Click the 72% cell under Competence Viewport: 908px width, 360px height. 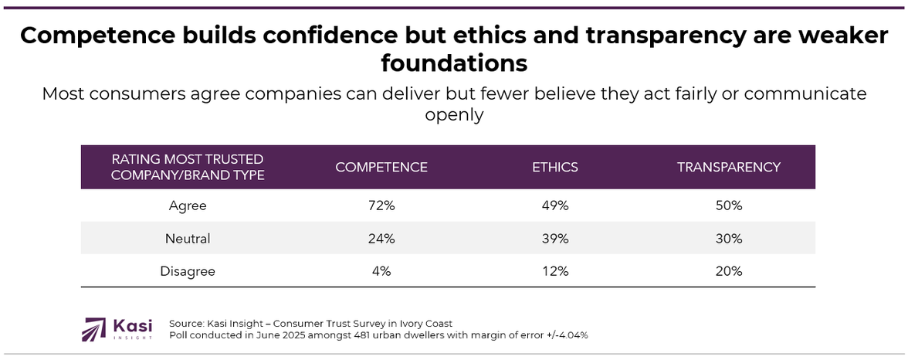click(x=381, y=206)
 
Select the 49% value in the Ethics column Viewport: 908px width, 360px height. click(x=554, y=206)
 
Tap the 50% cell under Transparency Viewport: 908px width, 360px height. click(x=728, y=206)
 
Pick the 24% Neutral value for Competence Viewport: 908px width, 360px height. click(x=381, y=239)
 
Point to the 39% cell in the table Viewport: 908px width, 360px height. click(x=554, y=239)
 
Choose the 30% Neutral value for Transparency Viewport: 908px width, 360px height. click(x=728, y=239)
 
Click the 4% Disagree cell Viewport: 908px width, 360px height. click(x=381, y=271)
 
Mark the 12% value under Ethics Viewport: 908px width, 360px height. click(x=554, y=271)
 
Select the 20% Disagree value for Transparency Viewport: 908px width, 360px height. click(x=728, y=271)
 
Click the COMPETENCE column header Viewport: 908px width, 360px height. click(x=381, y=167)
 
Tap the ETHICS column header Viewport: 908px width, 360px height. click(x=554, y=167)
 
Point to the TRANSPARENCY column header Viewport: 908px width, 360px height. click(x=728, y=167)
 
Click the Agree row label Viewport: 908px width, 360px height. click(x=188, y=206)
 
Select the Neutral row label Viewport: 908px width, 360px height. click(x=188, y=239)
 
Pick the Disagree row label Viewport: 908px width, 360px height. click(x=188, y=271)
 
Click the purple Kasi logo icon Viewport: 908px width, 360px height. click(x=94, y=328)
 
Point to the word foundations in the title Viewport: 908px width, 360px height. click(x=454, y=62)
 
